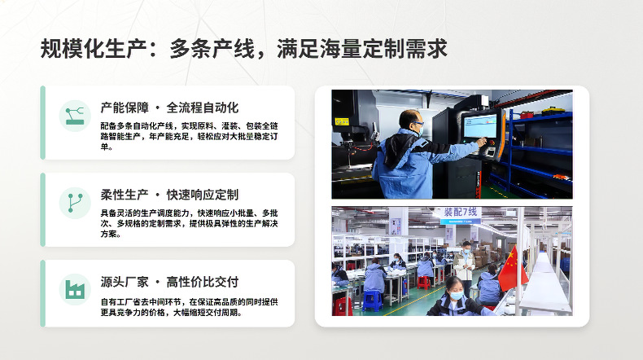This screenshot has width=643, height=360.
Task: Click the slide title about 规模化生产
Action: [243, 49]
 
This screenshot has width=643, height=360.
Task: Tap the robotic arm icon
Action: [75, 116]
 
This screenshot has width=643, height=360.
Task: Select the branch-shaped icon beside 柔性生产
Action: [75, 203]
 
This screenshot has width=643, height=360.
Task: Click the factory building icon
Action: [75, 290]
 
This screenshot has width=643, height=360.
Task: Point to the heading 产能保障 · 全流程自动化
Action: [169, 108]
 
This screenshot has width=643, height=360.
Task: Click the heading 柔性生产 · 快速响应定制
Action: [169, 195]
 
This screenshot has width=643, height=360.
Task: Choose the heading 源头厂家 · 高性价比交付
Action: [169, 282]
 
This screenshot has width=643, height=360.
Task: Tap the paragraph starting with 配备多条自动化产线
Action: [189, 136]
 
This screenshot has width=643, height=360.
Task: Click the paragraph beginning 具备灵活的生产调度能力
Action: [189, 223]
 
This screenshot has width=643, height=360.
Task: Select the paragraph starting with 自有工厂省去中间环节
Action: [189, 307]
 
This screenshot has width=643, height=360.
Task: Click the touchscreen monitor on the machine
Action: [479, 125]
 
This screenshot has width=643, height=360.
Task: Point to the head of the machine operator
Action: [411, 122]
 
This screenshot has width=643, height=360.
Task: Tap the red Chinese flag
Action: [512, 269]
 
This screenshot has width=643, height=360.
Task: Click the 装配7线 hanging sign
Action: [461, 215]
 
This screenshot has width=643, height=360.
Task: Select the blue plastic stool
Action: [372, 300]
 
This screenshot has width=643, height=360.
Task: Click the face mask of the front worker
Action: [457, 296]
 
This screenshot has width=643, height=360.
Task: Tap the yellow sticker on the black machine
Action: [342, 121]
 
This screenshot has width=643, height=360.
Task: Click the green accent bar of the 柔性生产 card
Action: [42, 209]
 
